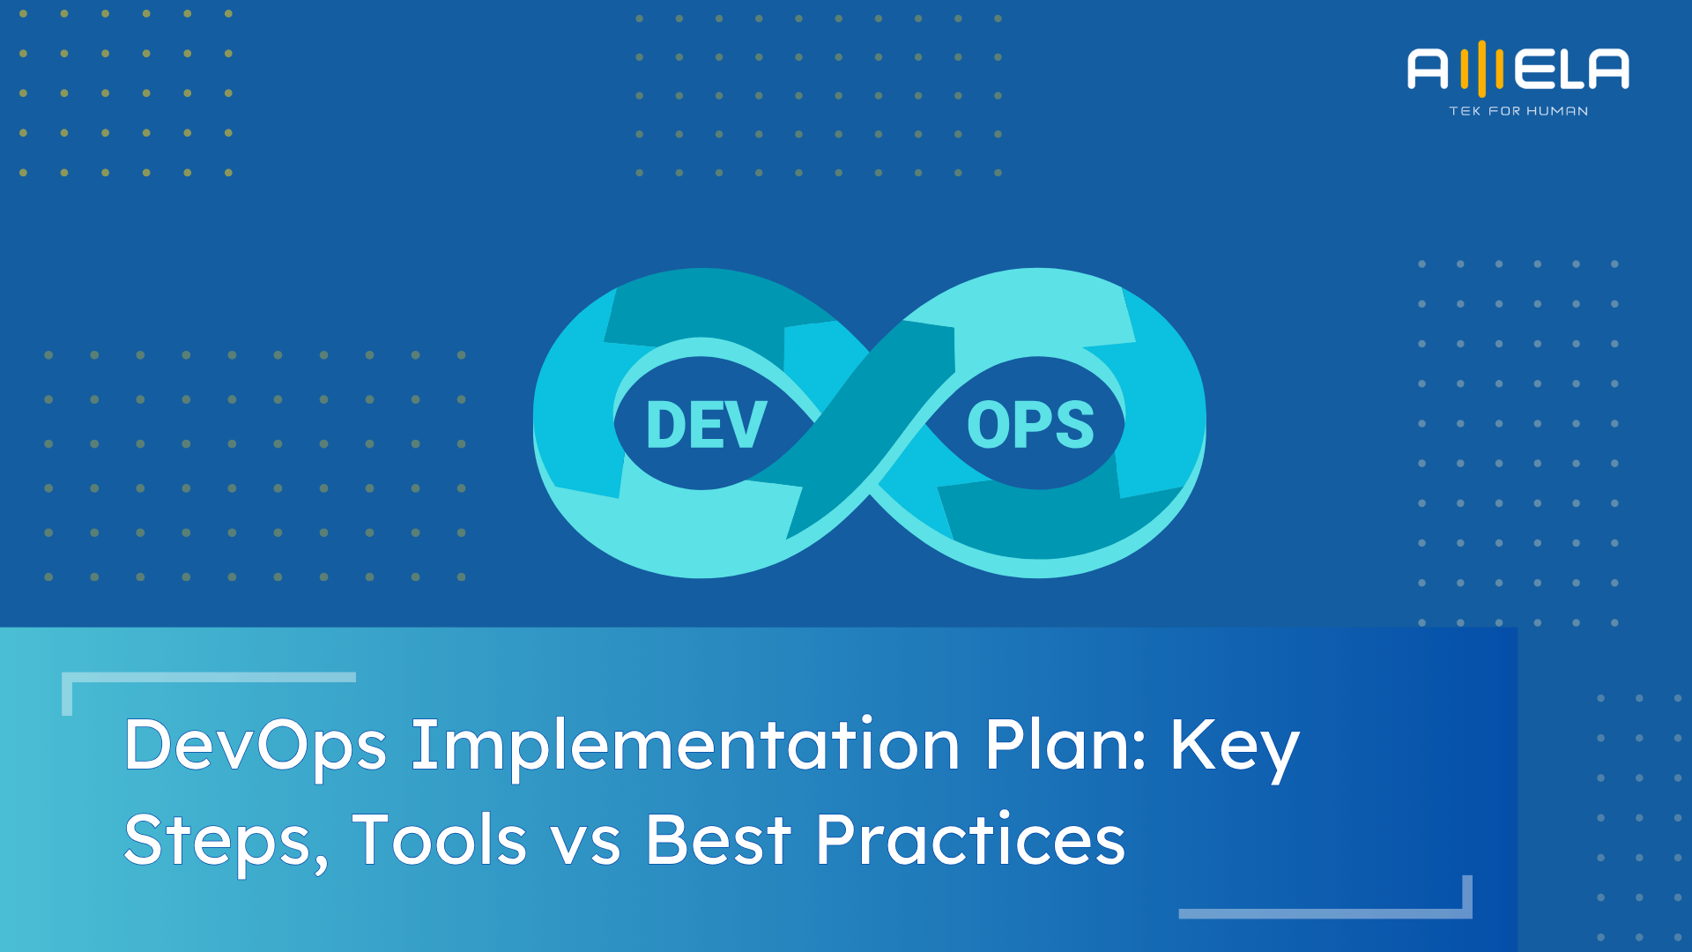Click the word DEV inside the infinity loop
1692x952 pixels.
click(x=706, y=425)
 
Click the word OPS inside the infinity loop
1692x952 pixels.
click(x=1030, y=425)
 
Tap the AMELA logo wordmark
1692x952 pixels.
click(x=1518, y=70)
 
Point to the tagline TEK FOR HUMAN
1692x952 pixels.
click(x=1518, y=111)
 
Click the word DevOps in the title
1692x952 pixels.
click(x=255, y=746)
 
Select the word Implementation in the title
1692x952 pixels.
click(x=685, y=746)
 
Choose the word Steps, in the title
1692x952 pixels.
click(x=226, y=840)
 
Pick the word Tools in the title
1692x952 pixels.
click(x=439, y=840)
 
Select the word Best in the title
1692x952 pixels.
click(x=718, y=840)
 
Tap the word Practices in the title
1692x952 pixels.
click(x=970, y=840)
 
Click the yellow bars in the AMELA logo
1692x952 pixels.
click(x=1482, y=69)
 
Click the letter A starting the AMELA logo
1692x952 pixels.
click(x=1428, y=70)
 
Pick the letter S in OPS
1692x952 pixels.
click(x=1073, y=425)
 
